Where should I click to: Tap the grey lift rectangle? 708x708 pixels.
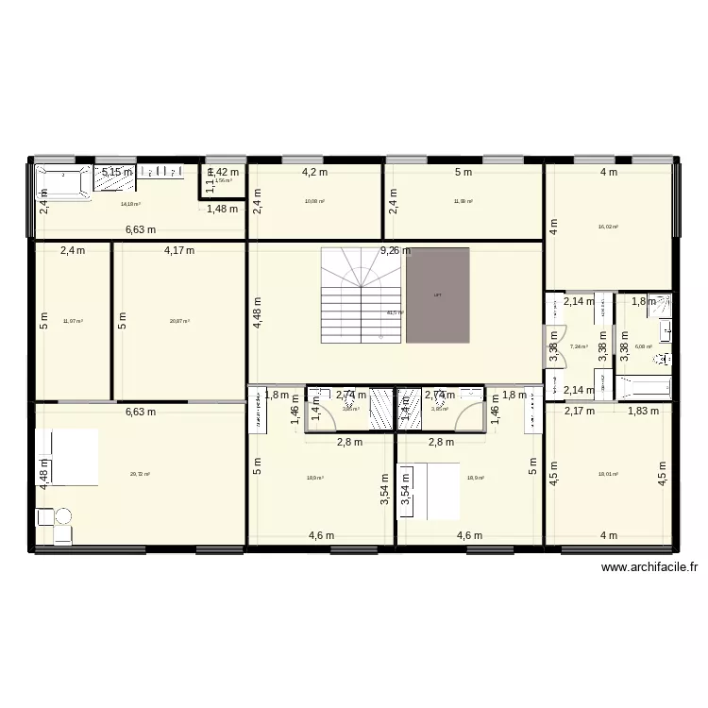point(437,295)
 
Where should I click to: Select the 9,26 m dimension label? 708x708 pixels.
point(396,251)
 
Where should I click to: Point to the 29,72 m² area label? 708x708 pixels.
point(141,475)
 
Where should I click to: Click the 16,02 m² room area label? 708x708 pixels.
point(608,227)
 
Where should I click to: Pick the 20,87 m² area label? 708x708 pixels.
point(179,321)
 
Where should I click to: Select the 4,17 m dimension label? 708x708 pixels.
point(179,251)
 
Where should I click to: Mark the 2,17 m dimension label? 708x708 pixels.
point(580,411)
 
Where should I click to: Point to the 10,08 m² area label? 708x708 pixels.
point(314,201)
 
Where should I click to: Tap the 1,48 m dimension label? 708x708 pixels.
point(223,210)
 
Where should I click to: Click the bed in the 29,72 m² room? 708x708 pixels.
point(67,458)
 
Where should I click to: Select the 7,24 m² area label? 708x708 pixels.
point(579,346)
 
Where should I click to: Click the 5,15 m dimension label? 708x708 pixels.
point(118,172)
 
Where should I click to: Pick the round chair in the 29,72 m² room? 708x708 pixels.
point(62,516)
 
